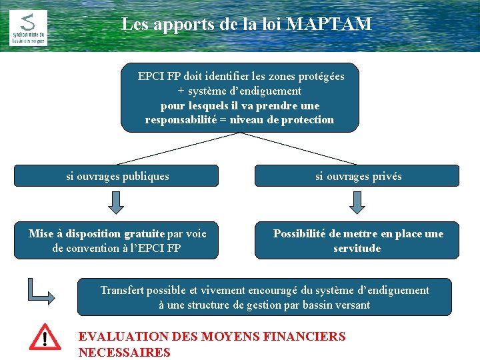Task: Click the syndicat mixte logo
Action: [x=28, y=27]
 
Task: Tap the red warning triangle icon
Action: [x=45, y=337]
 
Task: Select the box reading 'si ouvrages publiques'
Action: [x=117, y=176]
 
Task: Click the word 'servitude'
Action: [x=357, y=249]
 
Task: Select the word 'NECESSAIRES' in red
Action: [x=125, y=353]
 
